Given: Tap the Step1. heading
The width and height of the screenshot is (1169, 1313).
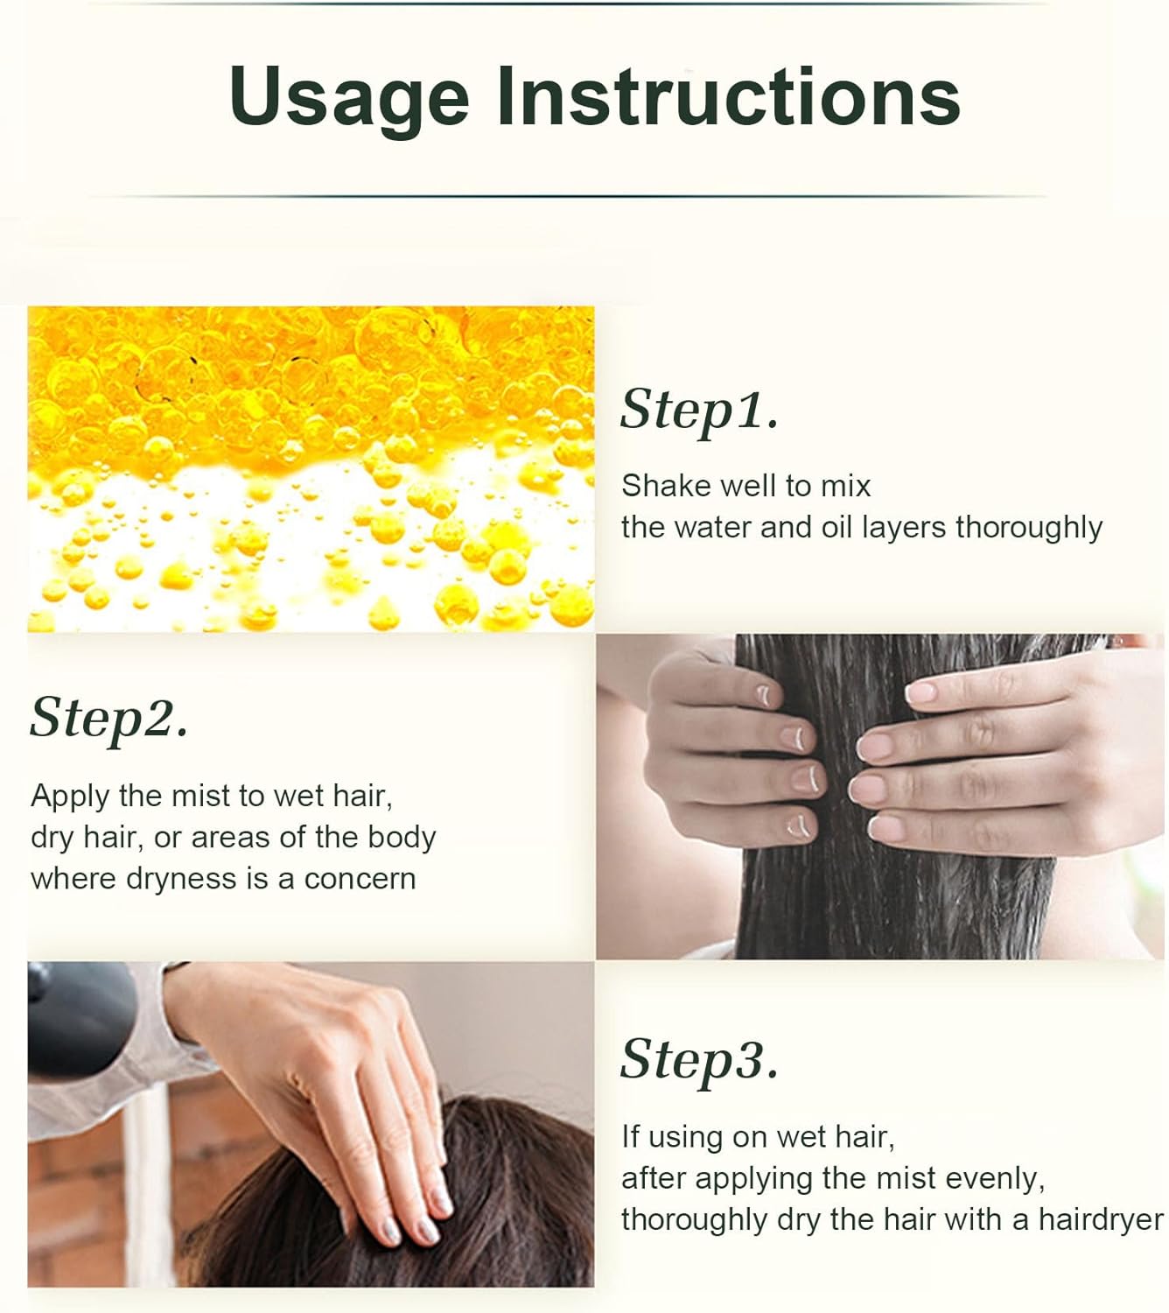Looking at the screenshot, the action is point(699,411).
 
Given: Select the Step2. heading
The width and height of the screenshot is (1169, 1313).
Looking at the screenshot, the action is point(108,719).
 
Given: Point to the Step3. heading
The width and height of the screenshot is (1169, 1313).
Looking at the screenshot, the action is point(699,1060).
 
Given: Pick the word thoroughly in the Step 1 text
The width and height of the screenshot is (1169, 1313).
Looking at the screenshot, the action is point(1029,528).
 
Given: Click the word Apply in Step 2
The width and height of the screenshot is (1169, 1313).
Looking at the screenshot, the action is point(70,797).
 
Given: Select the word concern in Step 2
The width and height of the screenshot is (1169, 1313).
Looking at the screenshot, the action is point(360,880).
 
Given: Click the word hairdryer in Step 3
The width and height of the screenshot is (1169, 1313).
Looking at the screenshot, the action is point(1101,1220).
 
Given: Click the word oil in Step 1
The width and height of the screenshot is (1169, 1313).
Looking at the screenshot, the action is point(836,527).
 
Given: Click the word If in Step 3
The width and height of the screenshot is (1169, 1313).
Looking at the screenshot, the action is point(631,1137).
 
